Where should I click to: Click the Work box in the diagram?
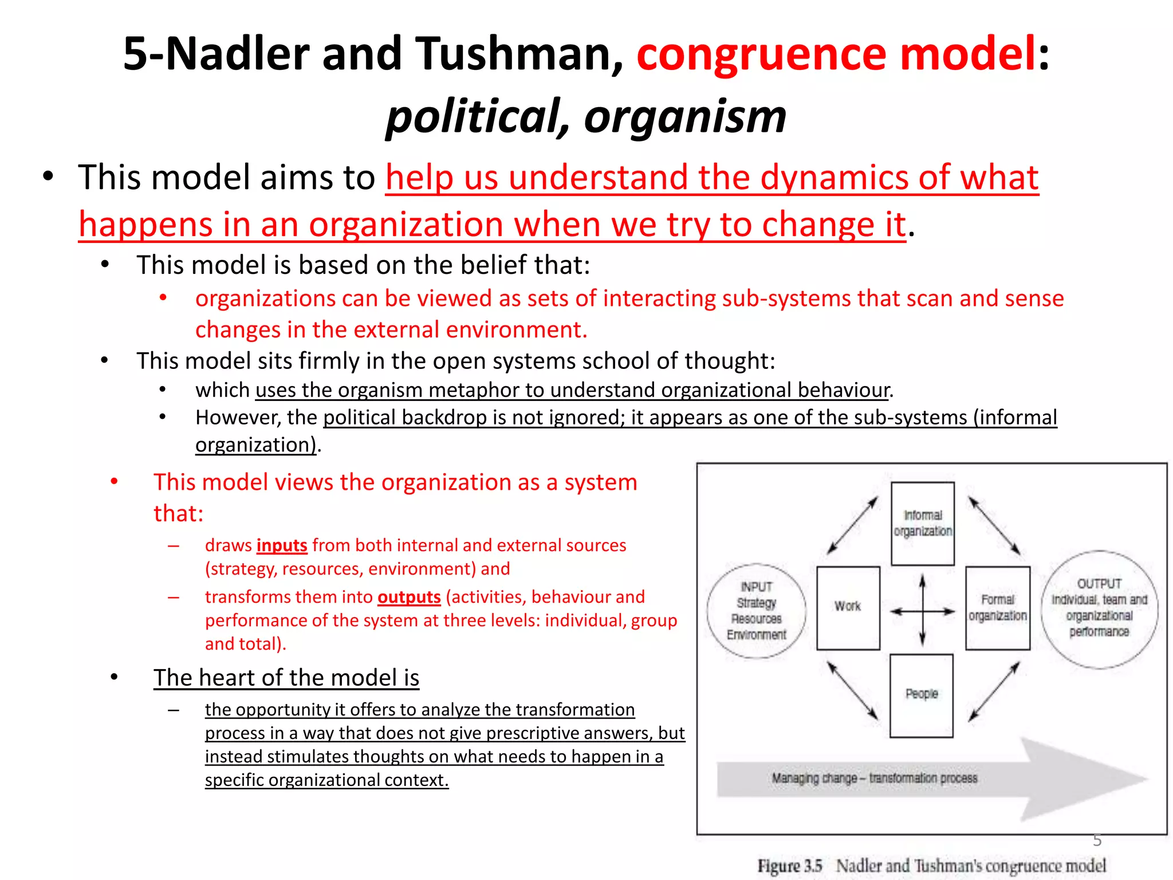pos(848,608)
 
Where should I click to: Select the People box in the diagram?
pos(922,695)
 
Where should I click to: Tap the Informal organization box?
pos(923,524)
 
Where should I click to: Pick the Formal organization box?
pos(997,608)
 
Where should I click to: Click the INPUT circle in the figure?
pos(757,611)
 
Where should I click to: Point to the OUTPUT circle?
pos(1099,608)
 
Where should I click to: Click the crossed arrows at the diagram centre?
pos(922,611)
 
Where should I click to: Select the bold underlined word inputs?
pos(282,545)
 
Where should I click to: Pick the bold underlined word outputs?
pos(409,597)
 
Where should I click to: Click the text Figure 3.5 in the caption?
pos(790,866)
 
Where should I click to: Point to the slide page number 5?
pos(1097,840)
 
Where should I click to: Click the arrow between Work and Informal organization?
pos(852,525)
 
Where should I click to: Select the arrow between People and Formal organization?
pos(994,692)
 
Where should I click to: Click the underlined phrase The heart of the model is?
pos(286,678)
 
